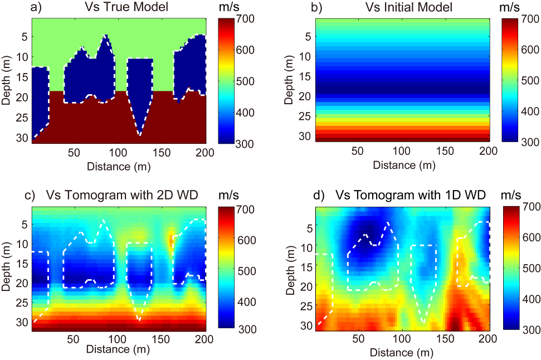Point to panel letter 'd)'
320,195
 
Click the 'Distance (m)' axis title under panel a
118,166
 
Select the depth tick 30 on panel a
23,136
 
